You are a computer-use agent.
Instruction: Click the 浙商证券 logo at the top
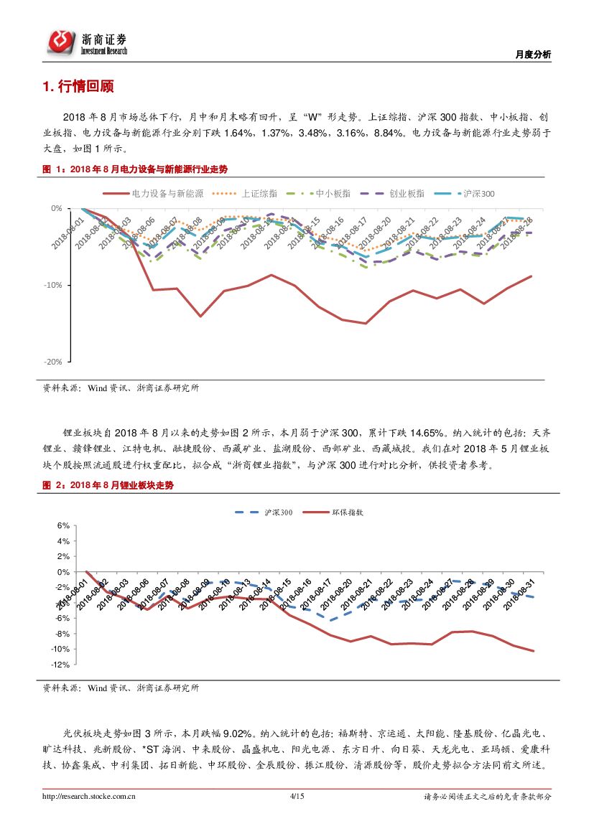tap(88, 42)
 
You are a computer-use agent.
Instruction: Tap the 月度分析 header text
tap(534, 55)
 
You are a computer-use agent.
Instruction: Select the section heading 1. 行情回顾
tap(78, 88)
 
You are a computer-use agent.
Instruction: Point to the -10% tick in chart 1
tap(53, 285)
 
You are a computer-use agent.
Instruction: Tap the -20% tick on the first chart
tap(53, 362)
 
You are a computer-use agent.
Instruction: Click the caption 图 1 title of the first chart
tap(136, 169)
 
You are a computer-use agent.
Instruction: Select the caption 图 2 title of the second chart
tap(108, 486)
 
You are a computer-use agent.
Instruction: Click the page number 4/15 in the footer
tap(297, 796)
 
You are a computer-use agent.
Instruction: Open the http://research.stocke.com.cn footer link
tap(90, 796)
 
